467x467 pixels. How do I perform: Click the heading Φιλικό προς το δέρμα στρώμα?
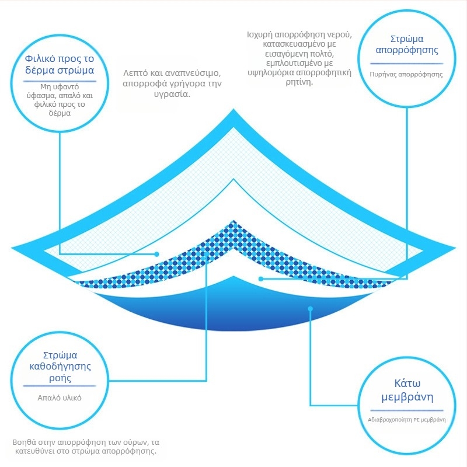(60, 65)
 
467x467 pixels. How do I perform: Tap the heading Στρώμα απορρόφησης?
(406, 45)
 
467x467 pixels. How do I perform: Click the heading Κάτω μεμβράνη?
(407, 391)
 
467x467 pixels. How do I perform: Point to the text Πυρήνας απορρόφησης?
(406, 75)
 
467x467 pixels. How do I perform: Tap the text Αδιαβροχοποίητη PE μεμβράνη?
(407, 420)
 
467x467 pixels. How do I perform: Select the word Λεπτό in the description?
(135, 74)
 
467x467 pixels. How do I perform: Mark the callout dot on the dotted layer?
(206, 252)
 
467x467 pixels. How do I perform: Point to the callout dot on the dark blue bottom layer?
(311, 309)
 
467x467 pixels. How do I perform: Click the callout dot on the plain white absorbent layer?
(261, 278)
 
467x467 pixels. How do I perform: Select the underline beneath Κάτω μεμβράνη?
(407, 410)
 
